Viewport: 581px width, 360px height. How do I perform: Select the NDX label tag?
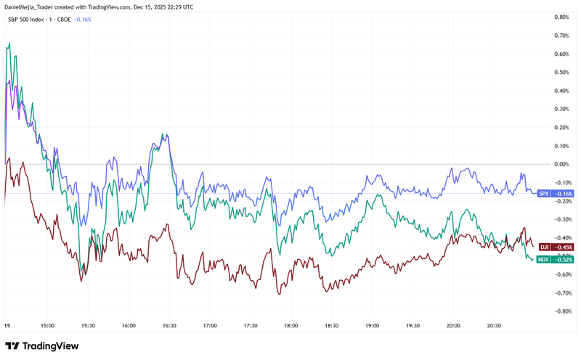[543, 259]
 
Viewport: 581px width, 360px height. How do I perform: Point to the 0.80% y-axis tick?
[561, 17]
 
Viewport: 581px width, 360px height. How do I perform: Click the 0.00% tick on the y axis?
[561, 164]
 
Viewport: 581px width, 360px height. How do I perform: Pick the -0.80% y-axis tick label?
[561, 311]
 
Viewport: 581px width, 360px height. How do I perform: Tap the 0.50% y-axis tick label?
[561, 72]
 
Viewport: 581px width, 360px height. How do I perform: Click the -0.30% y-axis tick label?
[561, 219]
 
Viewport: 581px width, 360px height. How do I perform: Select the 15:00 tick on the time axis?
[48, 327]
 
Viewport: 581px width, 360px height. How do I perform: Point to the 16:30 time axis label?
[169, 327]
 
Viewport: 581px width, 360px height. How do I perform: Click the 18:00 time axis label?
[291, 327]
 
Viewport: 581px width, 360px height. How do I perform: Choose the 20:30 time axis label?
[494, 327]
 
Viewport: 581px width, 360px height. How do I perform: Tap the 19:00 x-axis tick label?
[372, 327]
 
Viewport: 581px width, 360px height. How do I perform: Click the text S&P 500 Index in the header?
[29, 20]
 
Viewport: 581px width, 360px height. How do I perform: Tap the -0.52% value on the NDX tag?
[564, 259]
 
